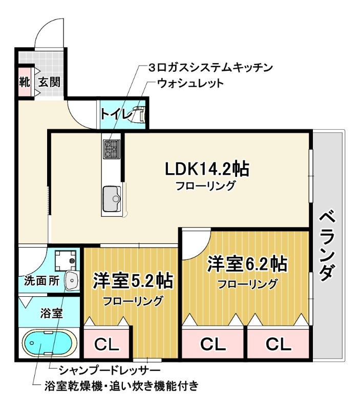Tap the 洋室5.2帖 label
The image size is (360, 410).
(132, 281)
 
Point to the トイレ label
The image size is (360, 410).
(116, 114)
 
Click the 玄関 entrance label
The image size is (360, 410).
(49, 81)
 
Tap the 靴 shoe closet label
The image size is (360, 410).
(25, 81)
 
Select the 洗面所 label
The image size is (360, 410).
(41, 281)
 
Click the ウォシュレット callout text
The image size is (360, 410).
(190, 83)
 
